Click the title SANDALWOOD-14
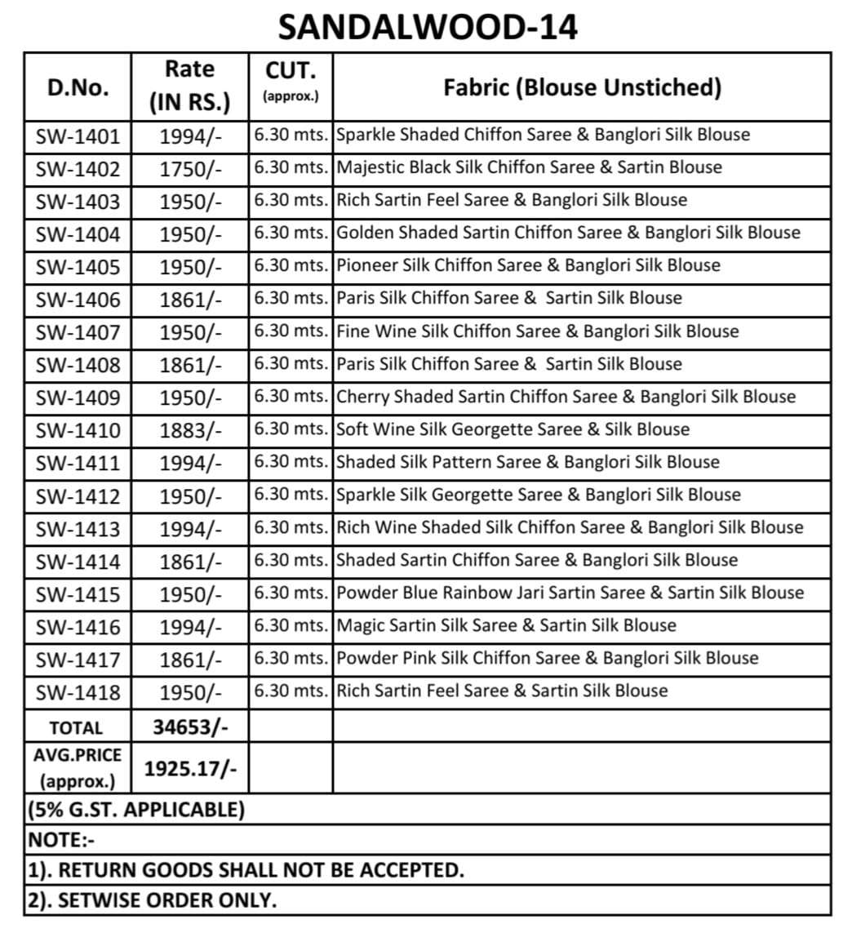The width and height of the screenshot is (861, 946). [x=428, y=28]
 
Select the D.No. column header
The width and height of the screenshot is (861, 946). [x=78, y=88]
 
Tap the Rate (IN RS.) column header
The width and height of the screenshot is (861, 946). [x=189, y=87]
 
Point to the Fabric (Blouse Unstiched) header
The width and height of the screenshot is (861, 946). [x=582, y=87]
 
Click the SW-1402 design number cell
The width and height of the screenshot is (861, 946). [x=78, y=169]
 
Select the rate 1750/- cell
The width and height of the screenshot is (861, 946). [x=189, y=169]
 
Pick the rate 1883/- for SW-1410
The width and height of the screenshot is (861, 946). [x=189, y=430]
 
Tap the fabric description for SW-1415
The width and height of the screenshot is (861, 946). [x=570, y=593]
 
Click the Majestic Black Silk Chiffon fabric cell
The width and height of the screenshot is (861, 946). [x=529, y=167]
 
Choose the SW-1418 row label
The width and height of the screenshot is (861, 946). [x=78, y=692]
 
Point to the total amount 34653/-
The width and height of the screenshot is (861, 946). [x=189, y=726]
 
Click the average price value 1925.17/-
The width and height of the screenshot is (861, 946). [x=189, y=768]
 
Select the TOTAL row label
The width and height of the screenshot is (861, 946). [x=77, y=727]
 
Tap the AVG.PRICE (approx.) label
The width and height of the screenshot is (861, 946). [x=77, y=768]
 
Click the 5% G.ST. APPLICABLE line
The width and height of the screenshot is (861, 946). [x=136, y=810]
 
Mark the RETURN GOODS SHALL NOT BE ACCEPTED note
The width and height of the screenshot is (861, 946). [x=246, y=870]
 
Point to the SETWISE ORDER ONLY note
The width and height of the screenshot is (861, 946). [x=152, y=900]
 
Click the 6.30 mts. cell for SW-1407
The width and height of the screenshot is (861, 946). [x=291, y=331]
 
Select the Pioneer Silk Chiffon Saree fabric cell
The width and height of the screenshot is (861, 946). [x=529, y=265]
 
